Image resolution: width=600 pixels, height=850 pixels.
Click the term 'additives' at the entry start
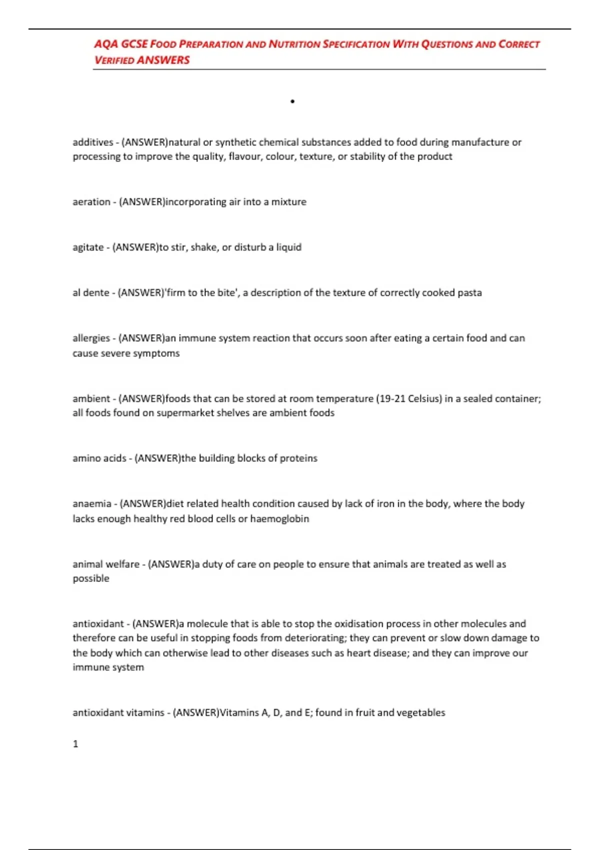[93, 142]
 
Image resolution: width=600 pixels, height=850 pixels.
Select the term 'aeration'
[91, 202]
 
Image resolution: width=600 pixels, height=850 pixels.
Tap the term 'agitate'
[88, 247]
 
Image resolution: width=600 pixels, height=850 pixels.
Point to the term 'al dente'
[90, 292]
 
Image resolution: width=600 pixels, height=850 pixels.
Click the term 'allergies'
[91, 338]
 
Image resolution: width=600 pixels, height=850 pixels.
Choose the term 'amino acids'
[99, 458]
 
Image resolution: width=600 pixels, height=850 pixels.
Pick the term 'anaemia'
[91, 504]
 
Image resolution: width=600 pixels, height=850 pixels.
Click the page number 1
[75, 744]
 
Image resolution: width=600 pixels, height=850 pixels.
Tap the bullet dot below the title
[292, 101]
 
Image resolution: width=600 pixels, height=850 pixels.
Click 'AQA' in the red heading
[106, 44]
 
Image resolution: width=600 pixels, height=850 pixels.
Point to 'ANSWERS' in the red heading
[163, 60]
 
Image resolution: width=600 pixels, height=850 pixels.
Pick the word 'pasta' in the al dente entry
[469, 292]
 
